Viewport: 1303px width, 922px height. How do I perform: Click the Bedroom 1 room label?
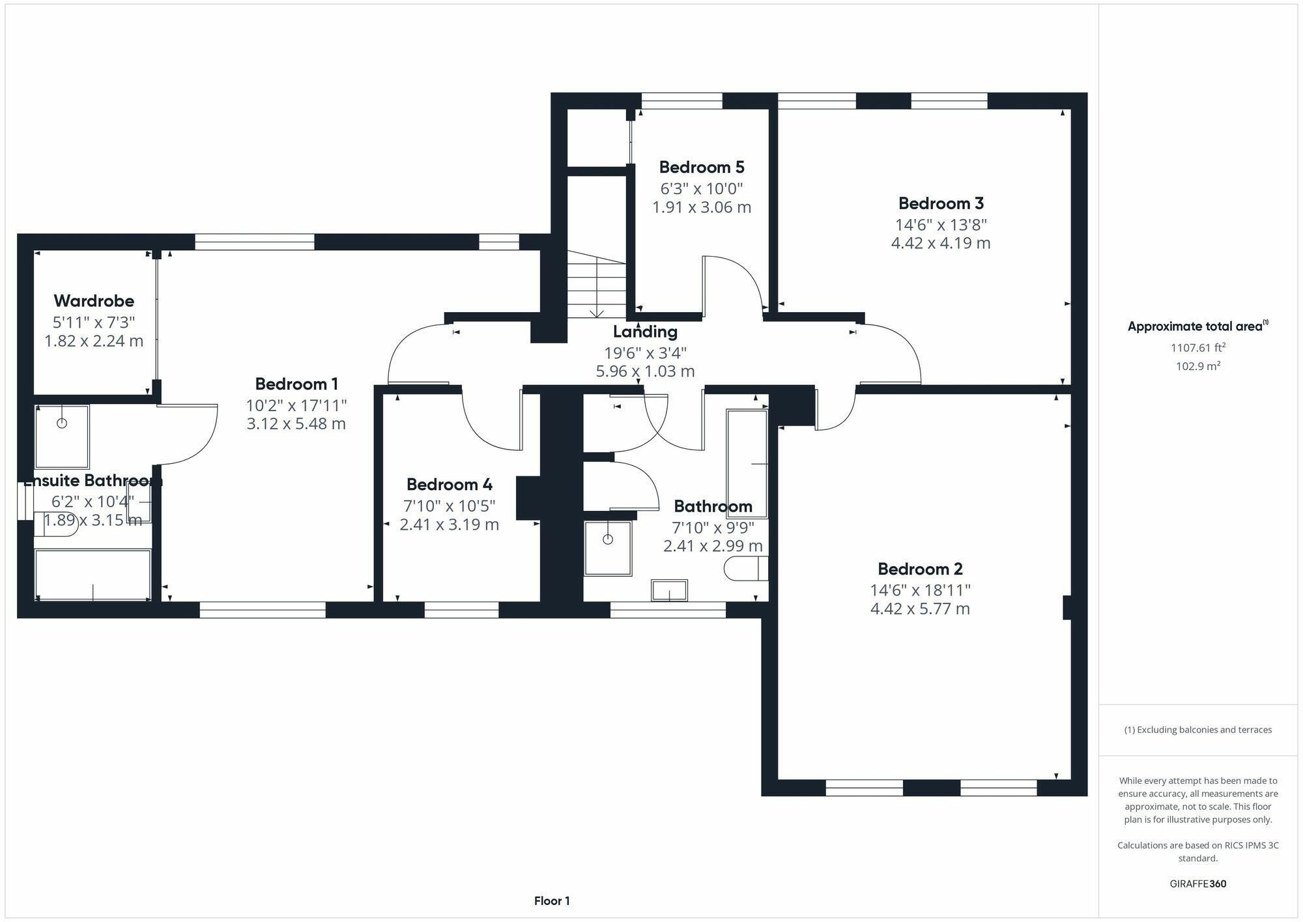click(x=296, y=384)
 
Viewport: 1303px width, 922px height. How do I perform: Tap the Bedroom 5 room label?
click(x=702, y=167)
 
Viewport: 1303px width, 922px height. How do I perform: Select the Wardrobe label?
click(x=94, y=301)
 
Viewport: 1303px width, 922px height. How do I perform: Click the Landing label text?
click(x=645, y=332)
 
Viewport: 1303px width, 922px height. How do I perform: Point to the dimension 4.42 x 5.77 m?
click(x=920, y=609)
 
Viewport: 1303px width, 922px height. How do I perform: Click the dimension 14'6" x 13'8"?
click(x=941, y=225)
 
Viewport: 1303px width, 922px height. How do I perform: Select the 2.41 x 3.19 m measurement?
click(x=449, y=525)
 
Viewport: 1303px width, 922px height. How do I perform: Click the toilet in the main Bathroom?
click(x=747, y=568)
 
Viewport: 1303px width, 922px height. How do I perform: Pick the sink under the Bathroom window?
click(x=670, y=590)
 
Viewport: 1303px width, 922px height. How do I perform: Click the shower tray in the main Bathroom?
click(x=608, y=548)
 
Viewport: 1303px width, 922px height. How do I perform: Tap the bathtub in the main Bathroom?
click(x=747, y=464)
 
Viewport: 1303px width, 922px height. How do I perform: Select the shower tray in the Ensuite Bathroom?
click(x=62, y=437)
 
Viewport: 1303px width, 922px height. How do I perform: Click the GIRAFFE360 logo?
click(x=1198, y=884)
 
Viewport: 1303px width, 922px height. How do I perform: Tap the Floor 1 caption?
click(x=552, y=901)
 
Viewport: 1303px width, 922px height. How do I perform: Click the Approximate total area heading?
click(x=1198, y=326)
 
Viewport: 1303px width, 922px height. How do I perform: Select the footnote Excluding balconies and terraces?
click(x=1198, y=730)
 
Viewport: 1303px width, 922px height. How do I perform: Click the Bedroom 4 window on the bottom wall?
click(x=461, y=610)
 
